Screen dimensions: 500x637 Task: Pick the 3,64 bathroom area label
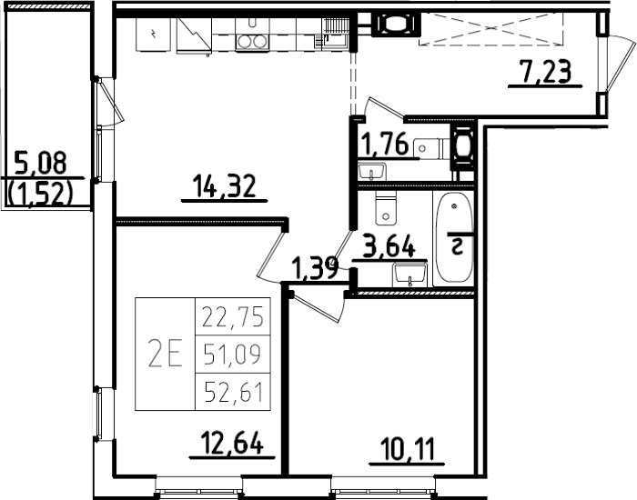pos(389,246)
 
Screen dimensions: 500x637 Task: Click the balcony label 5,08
pos(41,165)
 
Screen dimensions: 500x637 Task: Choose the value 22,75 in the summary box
pos(231,316)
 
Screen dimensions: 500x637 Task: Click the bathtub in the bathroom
pos(454,237)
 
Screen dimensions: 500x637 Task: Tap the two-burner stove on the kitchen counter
pos(252,40)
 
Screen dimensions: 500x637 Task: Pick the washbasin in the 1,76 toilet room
pos(373,170)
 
